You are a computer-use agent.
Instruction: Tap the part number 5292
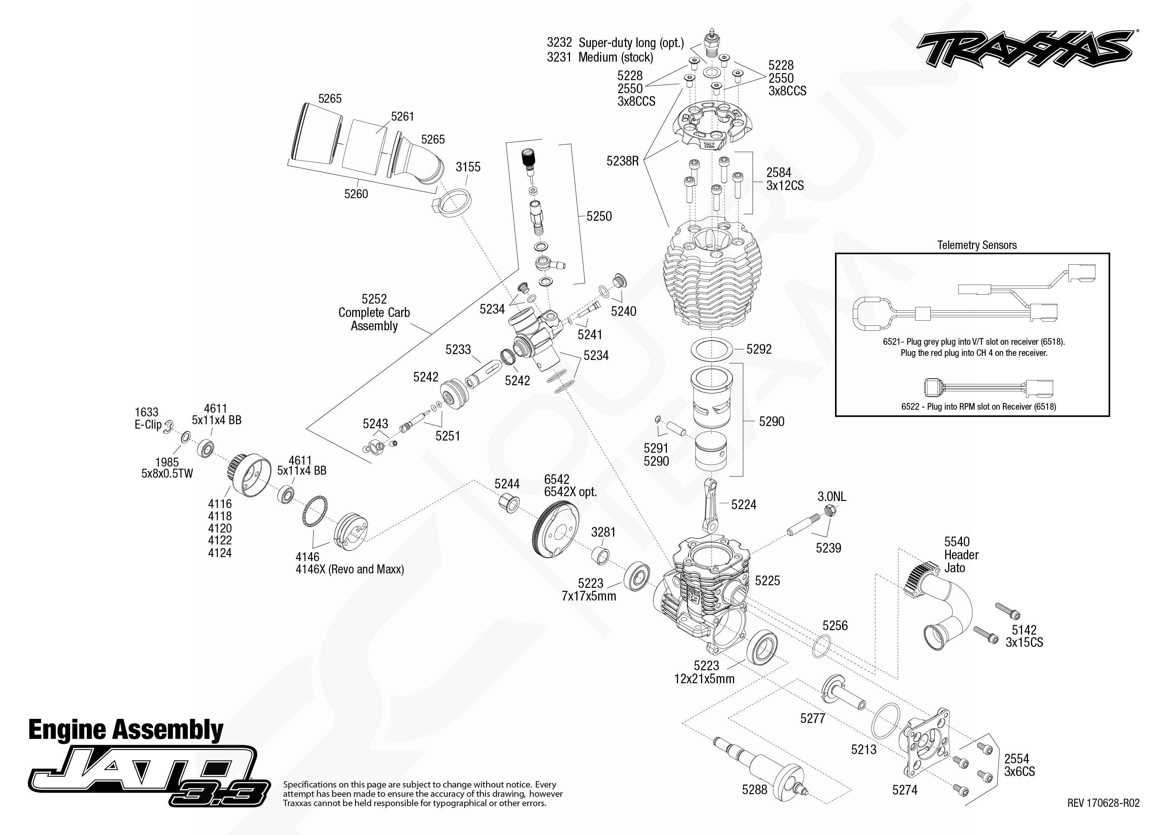[759, 349]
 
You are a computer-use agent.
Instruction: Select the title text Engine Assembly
[126, 730]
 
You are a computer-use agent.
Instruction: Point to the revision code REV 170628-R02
[1103, 803]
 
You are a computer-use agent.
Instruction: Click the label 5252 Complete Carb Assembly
[374, 312]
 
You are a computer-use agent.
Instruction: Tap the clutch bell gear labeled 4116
[248, 475]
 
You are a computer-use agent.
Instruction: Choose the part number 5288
[754, 789]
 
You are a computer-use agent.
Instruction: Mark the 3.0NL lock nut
[829, 511]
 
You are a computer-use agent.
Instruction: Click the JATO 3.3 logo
[149, 775]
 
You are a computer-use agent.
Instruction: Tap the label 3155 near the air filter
[468, 167]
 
